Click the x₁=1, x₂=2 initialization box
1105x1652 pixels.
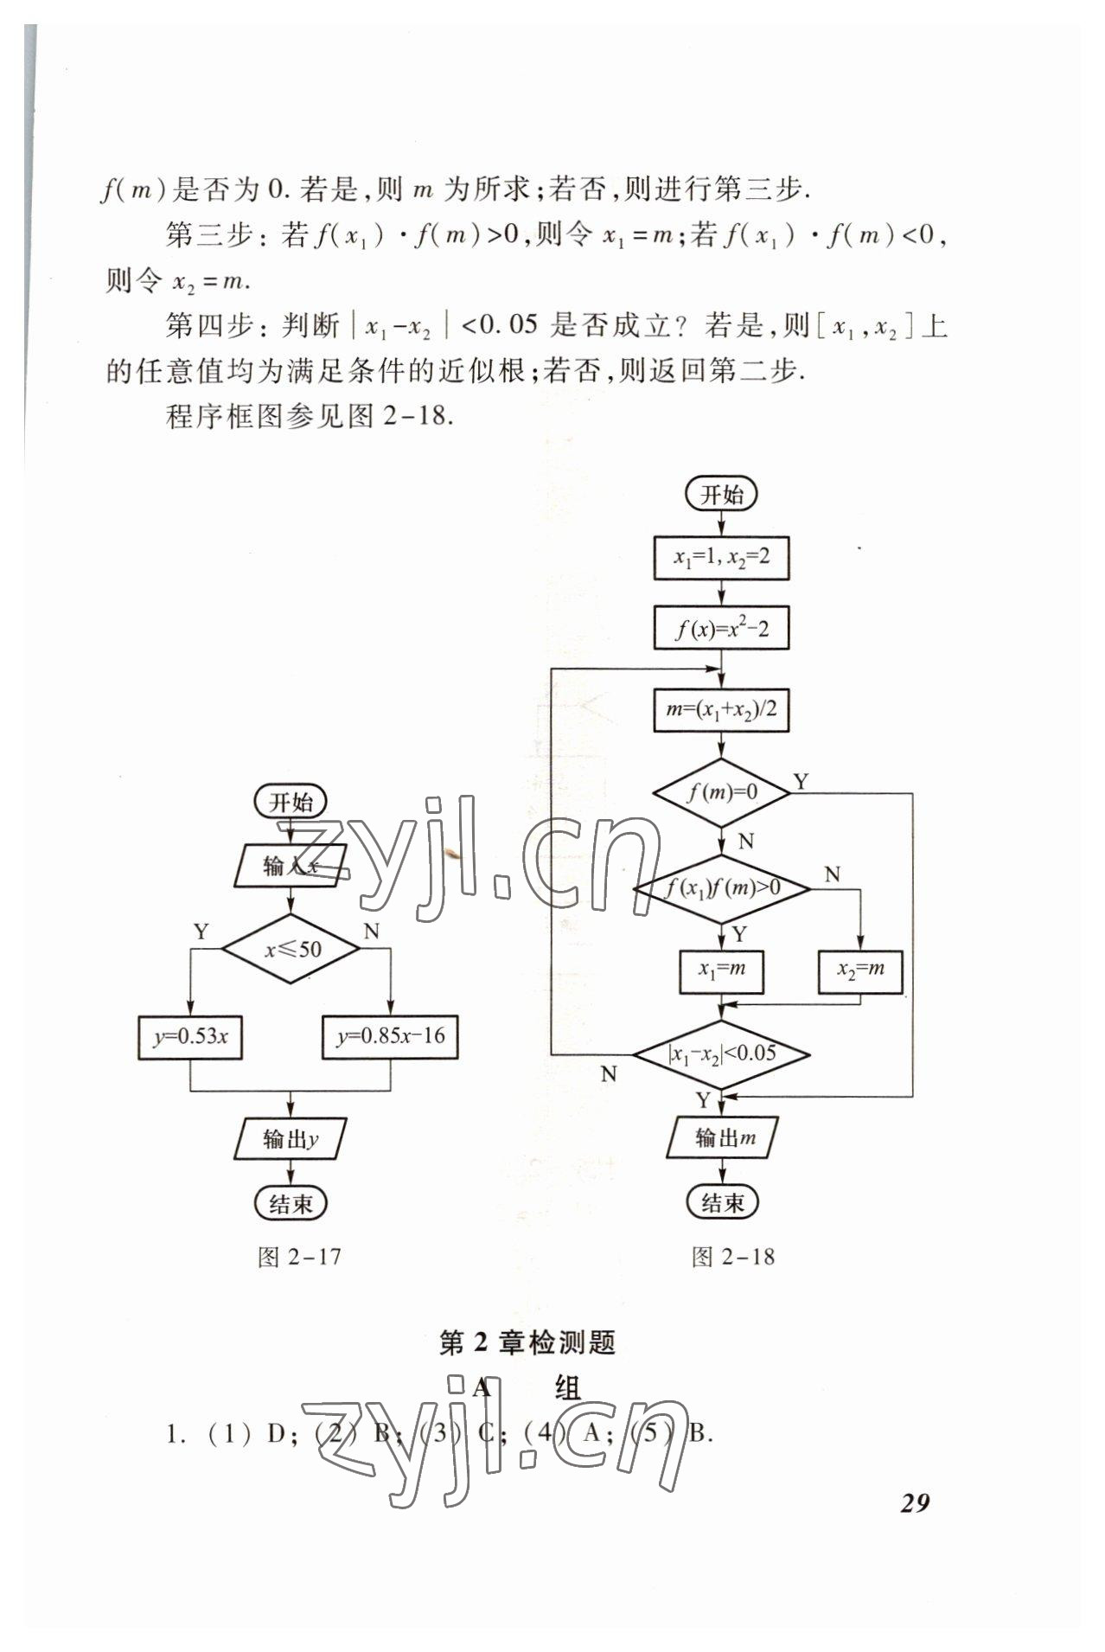721,558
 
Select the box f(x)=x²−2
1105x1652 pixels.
721,629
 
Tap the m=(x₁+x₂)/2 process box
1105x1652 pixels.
721,710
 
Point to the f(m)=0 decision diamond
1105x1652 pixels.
721,791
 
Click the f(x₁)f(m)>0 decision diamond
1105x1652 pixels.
721,887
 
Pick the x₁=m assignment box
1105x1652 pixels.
721,970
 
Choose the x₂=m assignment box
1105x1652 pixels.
860,970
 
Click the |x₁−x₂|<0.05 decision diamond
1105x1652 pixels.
721,1053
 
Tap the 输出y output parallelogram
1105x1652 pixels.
291,1139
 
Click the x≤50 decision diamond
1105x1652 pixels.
291,949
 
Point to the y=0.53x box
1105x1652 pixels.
190,1037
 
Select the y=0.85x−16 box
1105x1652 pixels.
390,1037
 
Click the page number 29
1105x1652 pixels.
915,1503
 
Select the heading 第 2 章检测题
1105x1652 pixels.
527,1343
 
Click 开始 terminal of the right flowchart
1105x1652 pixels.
721,495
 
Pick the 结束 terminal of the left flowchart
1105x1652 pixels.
291,1203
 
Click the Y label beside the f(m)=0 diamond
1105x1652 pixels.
802,782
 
